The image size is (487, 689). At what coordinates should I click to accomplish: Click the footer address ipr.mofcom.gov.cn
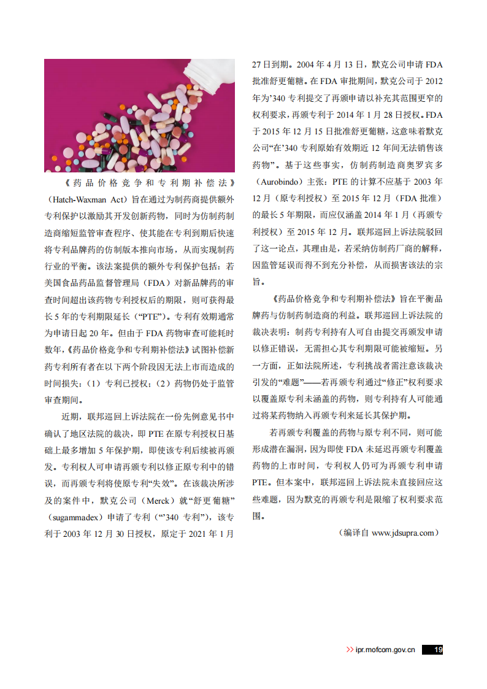coord(385,650)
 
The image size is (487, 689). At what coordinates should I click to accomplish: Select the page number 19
coord(438,650)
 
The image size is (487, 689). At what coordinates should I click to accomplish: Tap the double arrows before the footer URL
coord(350,650)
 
